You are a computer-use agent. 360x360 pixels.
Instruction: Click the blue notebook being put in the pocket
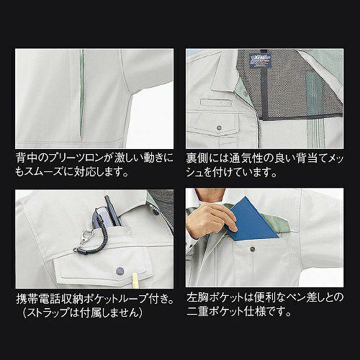coord(252,220)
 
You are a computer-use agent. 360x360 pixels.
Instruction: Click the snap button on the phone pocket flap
coord(120,271)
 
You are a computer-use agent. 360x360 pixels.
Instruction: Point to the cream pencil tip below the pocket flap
coord(135,279)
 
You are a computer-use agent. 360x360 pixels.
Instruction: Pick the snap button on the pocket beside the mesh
coord(219,128)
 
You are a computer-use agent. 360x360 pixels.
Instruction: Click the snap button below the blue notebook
coord(252,249)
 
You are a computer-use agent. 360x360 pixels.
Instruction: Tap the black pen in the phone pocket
coord(112,211)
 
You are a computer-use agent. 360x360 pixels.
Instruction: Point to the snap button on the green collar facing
coord(244,93)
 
